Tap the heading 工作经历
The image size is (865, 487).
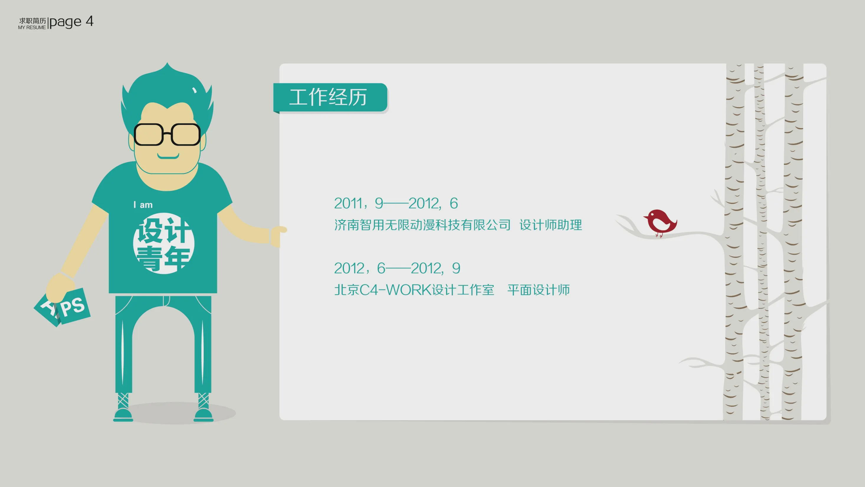tap(328, 97)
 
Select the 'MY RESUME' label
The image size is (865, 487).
tap(32, 27)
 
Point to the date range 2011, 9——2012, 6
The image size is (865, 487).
tap(396, 203)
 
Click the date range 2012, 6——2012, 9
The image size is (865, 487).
tap(397, 268)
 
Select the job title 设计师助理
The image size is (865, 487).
tap(551, 225)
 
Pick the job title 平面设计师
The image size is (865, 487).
tap(539, 290)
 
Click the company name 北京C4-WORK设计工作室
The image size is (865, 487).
tap(414, 290)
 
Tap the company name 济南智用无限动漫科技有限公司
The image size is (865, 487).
tap(422, 225)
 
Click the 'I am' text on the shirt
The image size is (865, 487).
tap(143, 205)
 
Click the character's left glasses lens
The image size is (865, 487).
tap(149, 134)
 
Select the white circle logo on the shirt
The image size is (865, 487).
tap(164, 243)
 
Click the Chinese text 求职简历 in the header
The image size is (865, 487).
tap(32, 21)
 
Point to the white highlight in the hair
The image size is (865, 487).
tap(194, 90)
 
